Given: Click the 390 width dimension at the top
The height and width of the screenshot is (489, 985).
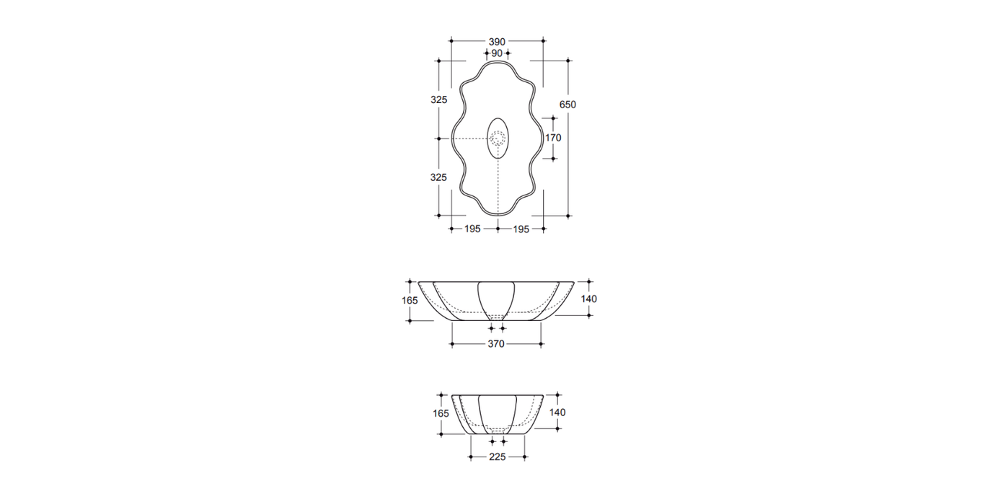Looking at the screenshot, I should point(497,42).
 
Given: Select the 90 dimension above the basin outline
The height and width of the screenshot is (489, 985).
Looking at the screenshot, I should point(497,53).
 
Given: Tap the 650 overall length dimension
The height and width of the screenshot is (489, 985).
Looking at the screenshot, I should point(567,105).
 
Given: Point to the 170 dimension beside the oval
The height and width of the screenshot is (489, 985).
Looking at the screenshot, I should point(553,138).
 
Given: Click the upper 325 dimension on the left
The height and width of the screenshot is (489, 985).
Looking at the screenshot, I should point(439,100).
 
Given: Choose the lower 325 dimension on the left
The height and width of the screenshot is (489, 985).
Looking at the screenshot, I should point(439,177).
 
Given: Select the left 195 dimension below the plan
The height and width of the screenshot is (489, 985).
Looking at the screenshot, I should point(472,229).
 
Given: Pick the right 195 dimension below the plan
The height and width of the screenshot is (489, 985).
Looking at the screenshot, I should point(521,229).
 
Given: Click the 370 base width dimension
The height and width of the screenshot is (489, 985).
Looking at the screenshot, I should point(496,344).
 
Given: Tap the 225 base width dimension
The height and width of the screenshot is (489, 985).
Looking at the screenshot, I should point(497,457).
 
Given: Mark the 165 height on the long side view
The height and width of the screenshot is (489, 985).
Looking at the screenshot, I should point(410,299).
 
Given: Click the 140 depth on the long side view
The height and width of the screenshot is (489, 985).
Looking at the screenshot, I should point(588,299).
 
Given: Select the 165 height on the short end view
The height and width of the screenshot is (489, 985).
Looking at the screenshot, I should point(441,413).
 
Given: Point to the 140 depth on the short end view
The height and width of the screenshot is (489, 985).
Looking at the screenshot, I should point(557,413).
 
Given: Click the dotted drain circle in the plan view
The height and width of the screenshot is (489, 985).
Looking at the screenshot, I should point(498,138).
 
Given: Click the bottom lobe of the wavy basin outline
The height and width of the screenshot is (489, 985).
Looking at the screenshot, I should point(498,213).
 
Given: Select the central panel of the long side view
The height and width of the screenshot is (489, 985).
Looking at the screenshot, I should point(497,297).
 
